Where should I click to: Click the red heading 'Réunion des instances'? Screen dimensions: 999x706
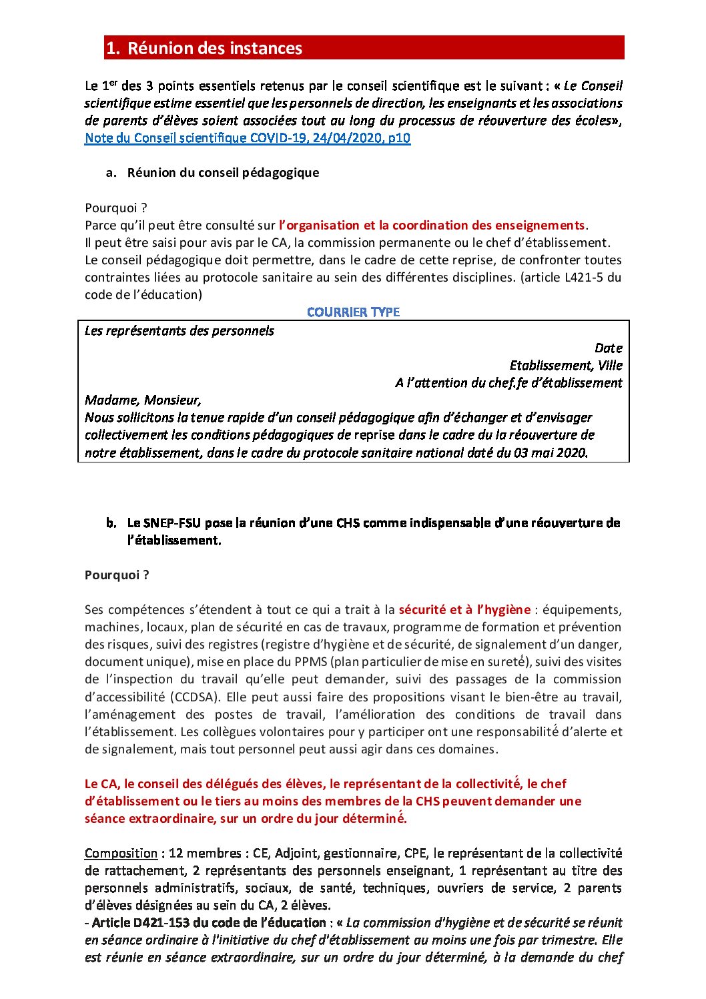point(214,48)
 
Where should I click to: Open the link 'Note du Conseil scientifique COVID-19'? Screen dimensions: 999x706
point(247,138)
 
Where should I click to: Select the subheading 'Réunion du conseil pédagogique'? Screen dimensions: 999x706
point(223,172)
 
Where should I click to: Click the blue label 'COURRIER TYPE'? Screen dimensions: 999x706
point(353,312)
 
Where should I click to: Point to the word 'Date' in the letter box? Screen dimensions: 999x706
point(608,348)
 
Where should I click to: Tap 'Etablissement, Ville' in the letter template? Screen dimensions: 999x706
point(565,365)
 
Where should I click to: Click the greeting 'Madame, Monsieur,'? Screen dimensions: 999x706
point(143,400)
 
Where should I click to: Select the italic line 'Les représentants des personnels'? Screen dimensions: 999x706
point(179,330)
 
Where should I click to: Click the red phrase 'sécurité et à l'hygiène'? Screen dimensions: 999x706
point(464,609)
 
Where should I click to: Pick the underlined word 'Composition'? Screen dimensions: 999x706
point(121,853)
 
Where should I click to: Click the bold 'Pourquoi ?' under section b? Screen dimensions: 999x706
point(117,575)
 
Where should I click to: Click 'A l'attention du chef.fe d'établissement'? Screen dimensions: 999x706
point(508,382)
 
